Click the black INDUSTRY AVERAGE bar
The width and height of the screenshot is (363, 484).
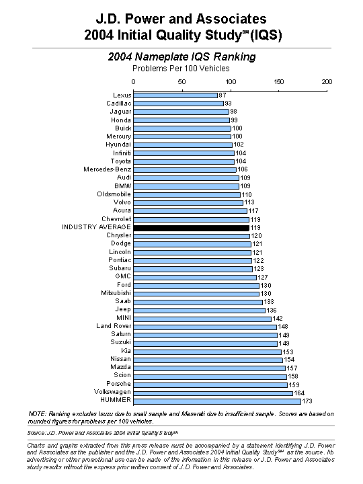point(192,228)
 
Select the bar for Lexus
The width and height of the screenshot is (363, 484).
point(175,95)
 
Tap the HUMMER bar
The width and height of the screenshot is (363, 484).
point(217,401)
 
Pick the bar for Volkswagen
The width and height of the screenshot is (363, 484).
point(213,393)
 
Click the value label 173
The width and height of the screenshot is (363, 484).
point(307,401)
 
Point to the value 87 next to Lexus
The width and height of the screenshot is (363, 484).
point(223,95)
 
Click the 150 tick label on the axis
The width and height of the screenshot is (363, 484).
point(279,82)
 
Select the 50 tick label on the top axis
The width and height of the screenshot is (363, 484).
point(182,82)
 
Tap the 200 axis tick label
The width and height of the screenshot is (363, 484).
point(327,82)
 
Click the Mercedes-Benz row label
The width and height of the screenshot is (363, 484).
point(108,169)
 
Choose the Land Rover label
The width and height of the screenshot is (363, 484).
point(114,326)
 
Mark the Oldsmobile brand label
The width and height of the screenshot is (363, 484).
point(114,194)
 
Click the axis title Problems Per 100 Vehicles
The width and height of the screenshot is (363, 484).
point(182,69)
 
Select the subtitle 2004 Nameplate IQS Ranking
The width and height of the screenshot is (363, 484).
point(182,56)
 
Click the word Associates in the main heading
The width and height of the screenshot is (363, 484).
point(231,19)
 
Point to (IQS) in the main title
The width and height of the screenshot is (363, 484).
point(266,35)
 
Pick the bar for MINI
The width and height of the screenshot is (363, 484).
point(202,319)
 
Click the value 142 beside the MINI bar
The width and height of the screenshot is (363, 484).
point(278,319)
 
